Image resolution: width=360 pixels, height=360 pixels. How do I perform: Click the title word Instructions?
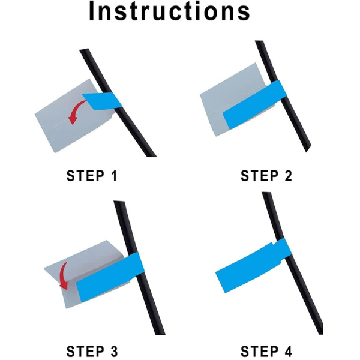tap(169, 11)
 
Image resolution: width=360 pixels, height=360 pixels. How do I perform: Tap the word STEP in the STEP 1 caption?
tap(85, 176)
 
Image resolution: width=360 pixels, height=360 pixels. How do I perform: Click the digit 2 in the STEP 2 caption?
tap(287, 176)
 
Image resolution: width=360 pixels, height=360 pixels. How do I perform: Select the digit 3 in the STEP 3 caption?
tap(113, 351)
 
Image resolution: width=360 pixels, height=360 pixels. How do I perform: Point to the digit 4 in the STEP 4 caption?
tap(287, 351)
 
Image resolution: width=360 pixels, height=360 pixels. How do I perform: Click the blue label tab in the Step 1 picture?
tap(102, 101)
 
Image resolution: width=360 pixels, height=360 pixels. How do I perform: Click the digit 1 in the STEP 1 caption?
tap(114, 176)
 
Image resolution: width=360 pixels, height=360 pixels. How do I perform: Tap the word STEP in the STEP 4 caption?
tap(259, 351)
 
